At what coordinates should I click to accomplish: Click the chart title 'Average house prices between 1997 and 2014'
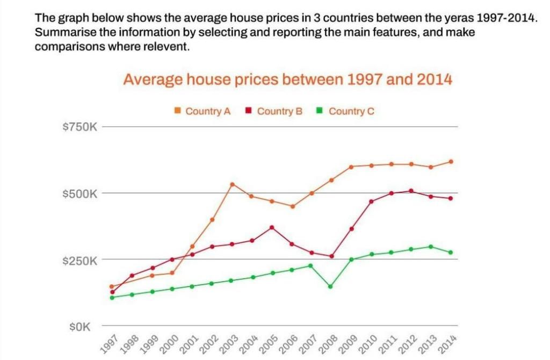[287, 80]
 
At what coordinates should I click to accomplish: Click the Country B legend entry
[274, 111]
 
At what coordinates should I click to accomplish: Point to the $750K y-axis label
[79, 127]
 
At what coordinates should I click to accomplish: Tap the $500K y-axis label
[79, 193]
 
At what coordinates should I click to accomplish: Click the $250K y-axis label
[79, 261]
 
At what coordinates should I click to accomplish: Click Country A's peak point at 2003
[232, 184]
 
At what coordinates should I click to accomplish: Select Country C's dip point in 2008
[330, 286]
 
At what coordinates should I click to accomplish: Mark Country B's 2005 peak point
[272, 227]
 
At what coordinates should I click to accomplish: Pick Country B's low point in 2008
[331, 256]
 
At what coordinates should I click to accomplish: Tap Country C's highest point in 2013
[431, 247]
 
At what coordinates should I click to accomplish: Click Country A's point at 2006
[292, 206]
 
